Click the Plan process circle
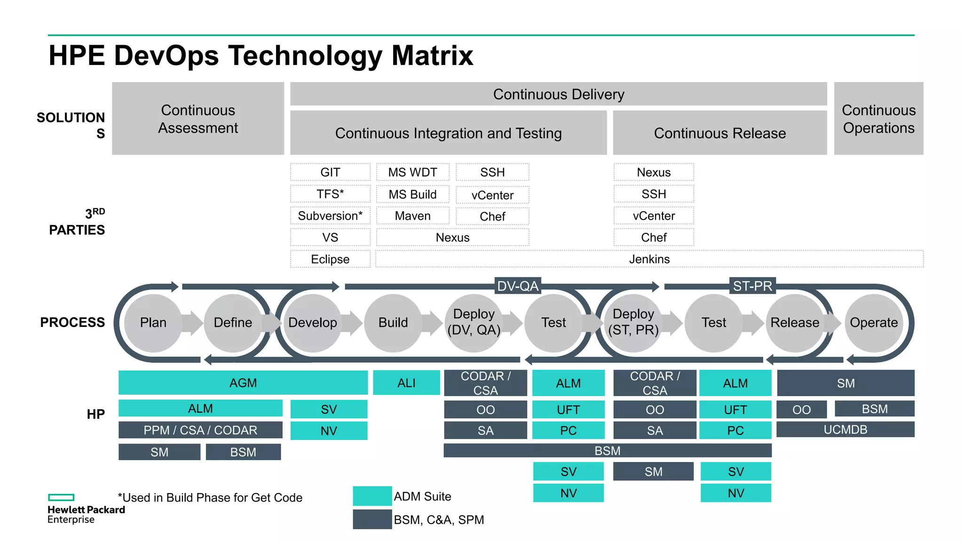coord(153,323)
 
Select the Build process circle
coord(393,323)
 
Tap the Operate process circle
coord(874,323)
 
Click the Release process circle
coord(795,323)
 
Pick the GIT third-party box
coord(330,172)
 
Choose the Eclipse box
coord(330,259)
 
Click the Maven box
coord(412,216)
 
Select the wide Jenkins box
coord(649,259)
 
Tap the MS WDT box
coord(412,172)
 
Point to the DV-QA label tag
coord(518,286)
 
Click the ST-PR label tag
coord(752,286)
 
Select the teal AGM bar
coord(243,383)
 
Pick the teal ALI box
coord(406,383)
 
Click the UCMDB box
coord(845,430)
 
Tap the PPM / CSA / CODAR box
coord(200,430)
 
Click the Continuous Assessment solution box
coord(198,119)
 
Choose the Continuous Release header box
coord(719,133)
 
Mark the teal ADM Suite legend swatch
coord(372,496)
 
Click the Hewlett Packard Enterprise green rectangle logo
coord(61,497)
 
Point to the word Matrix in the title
coord(432,56)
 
